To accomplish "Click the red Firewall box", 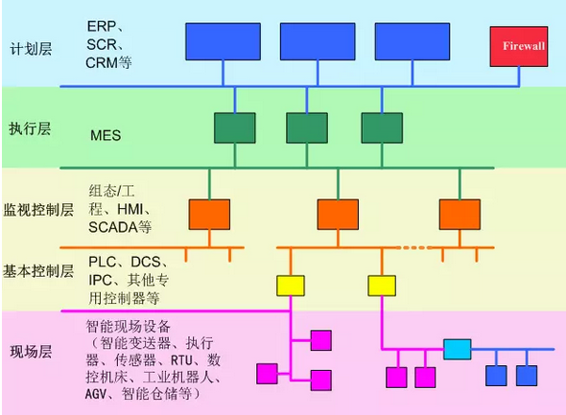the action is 519,47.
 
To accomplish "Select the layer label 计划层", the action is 31,49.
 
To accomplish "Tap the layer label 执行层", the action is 30,128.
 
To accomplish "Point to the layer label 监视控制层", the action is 38,210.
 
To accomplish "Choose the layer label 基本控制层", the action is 38,271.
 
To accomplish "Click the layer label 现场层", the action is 31,352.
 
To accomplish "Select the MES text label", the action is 106,135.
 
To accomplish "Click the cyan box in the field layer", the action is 458,349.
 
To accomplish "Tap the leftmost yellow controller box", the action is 291,286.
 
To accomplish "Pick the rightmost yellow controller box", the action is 382,286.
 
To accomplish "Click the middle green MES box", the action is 307,128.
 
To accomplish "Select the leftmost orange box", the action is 209,215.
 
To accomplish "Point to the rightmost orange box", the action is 460,215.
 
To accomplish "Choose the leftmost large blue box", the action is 224,41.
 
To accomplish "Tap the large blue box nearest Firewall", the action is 413,41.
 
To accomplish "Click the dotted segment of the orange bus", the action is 413,247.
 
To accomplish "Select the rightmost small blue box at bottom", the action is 527,376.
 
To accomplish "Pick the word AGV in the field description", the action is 96,393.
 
